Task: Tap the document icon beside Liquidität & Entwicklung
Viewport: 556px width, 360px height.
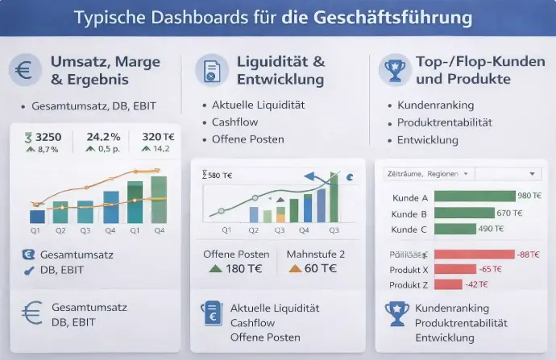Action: coord(211,70)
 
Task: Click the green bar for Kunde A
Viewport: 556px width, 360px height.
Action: coord(474,196)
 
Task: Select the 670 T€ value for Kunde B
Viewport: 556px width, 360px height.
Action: coord(509,213)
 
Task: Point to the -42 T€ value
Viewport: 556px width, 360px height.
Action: coord(477,284)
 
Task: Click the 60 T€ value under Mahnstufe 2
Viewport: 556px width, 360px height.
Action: coord(320,269)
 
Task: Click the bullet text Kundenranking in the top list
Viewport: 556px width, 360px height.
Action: coord(435,106)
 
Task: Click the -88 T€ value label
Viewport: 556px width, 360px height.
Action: coord(529,254)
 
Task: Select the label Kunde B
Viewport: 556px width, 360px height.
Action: coord(408,213)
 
